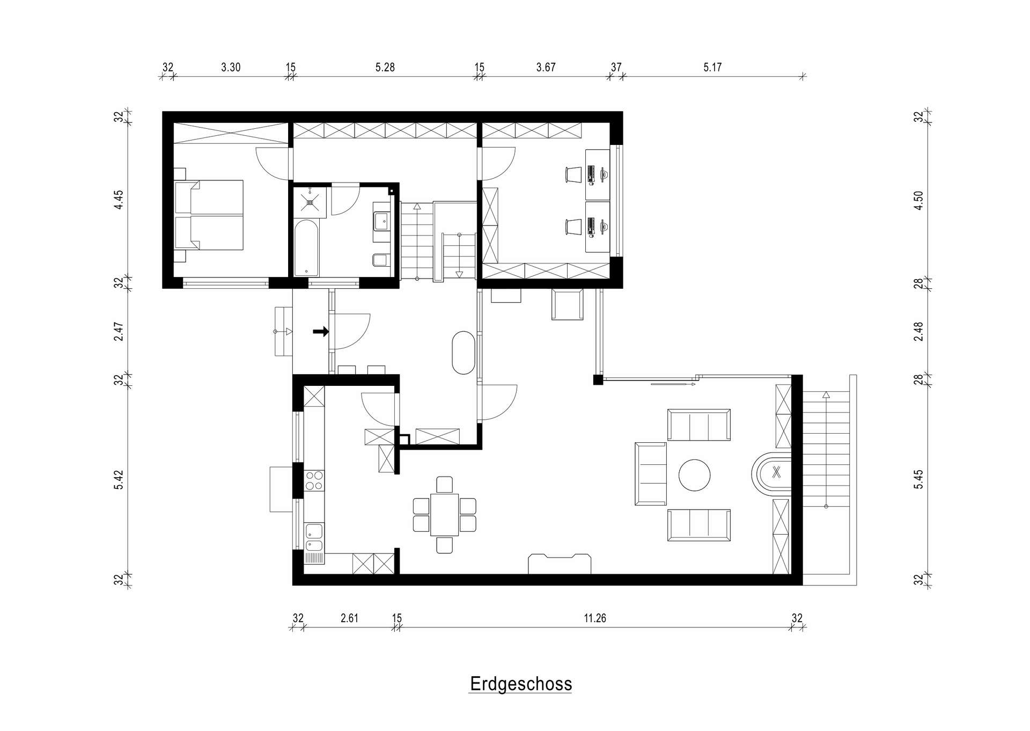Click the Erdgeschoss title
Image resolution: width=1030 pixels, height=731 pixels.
(x=520, y=684)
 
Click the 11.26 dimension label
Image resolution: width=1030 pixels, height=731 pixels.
(x=595, y=618)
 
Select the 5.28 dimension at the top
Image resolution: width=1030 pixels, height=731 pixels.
(x=385, y=67)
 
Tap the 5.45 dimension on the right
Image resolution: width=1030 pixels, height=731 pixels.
(x=919, y=479)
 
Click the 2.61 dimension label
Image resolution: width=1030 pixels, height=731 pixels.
(x=349, y=618)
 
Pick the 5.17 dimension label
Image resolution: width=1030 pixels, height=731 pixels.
(x=712, y=67)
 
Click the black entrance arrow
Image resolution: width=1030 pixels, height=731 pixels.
(x=321, y=332)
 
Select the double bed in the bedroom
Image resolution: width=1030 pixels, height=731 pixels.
(x=209, y=215)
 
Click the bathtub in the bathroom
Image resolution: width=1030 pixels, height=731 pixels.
(x=307, y=247)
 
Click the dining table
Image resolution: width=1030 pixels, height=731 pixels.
(x=444, y=514)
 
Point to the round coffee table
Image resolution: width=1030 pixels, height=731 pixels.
(x=695, y=475)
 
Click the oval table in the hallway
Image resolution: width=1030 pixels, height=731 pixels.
(x=464, y=353)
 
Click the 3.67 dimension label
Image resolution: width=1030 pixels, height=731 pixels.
(x=546, y=67)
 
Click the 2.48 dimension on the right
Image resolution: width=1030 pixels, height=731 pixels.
(x=919, y=332)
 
